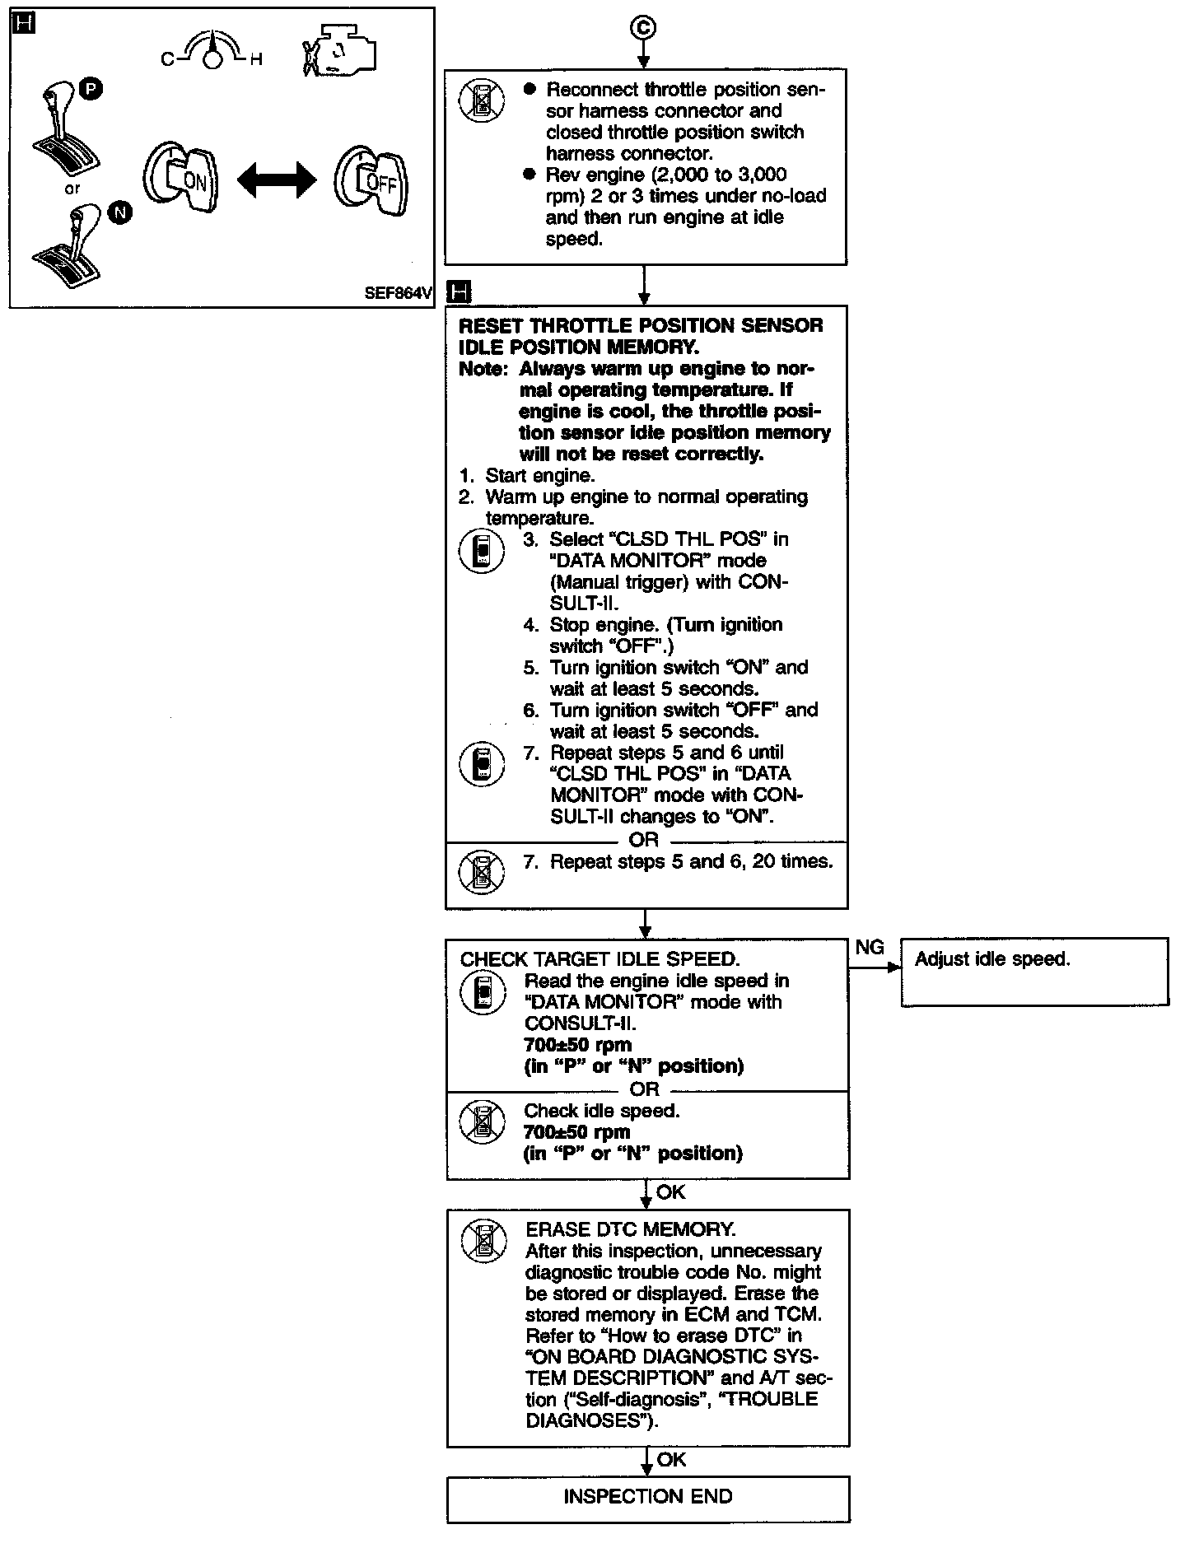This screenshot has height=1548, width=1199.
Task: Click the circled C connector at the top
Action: point(643,28)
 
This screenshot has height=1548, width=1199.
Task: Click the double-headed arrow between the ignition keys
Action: point(277,180)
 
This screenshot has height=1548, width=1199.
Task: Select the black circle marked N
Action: point(120,213)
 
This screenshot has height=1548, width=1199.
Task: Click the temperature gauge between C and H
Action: point(212,53)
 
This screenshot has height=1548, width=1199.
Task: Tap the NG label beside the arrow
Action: point(870,948)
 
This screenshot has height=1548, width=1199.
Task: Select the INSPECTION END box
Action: point(648,1496)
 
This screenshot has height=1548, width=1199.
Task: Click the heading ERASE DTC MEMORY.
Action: point(630,1229)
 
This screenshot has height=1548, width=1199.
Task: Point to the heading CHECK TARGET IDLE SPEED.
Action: point(599,959)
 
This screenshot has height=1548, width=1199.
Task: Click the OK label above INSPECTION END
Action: point(671,1459)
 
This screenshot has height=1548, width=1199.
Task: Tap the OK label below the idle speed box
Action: point(670,1191)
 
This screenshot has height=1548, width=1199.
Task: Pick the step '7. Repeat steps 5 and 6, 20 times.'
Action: point(678,862)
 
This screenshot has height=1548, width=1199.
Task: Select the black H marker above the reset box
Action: point(460,291)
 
